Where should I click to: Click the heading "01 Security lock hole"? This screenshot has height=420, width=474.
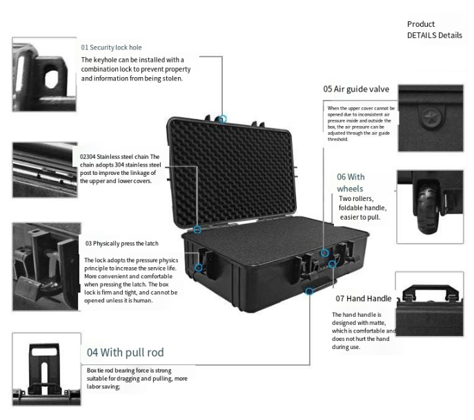(111, 48)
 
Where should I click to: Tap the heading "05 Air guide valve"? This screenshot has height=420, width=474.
(356, 89)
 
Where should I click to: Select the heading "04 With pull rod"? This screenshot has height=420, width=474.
(125, 353)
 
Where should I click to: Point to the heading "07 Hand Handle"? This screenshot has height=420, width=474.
(364, 299)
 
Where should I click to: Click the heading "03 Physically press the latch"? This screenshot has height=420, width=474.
(123, 243)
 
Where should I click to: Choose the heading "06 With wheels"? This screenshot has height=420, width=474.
(350, 182)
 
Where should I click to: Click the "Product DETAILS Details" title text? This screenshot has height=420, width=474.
(434, 30)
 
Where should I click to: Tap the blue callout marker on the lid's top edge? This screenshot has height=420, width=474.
(222, 119)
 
